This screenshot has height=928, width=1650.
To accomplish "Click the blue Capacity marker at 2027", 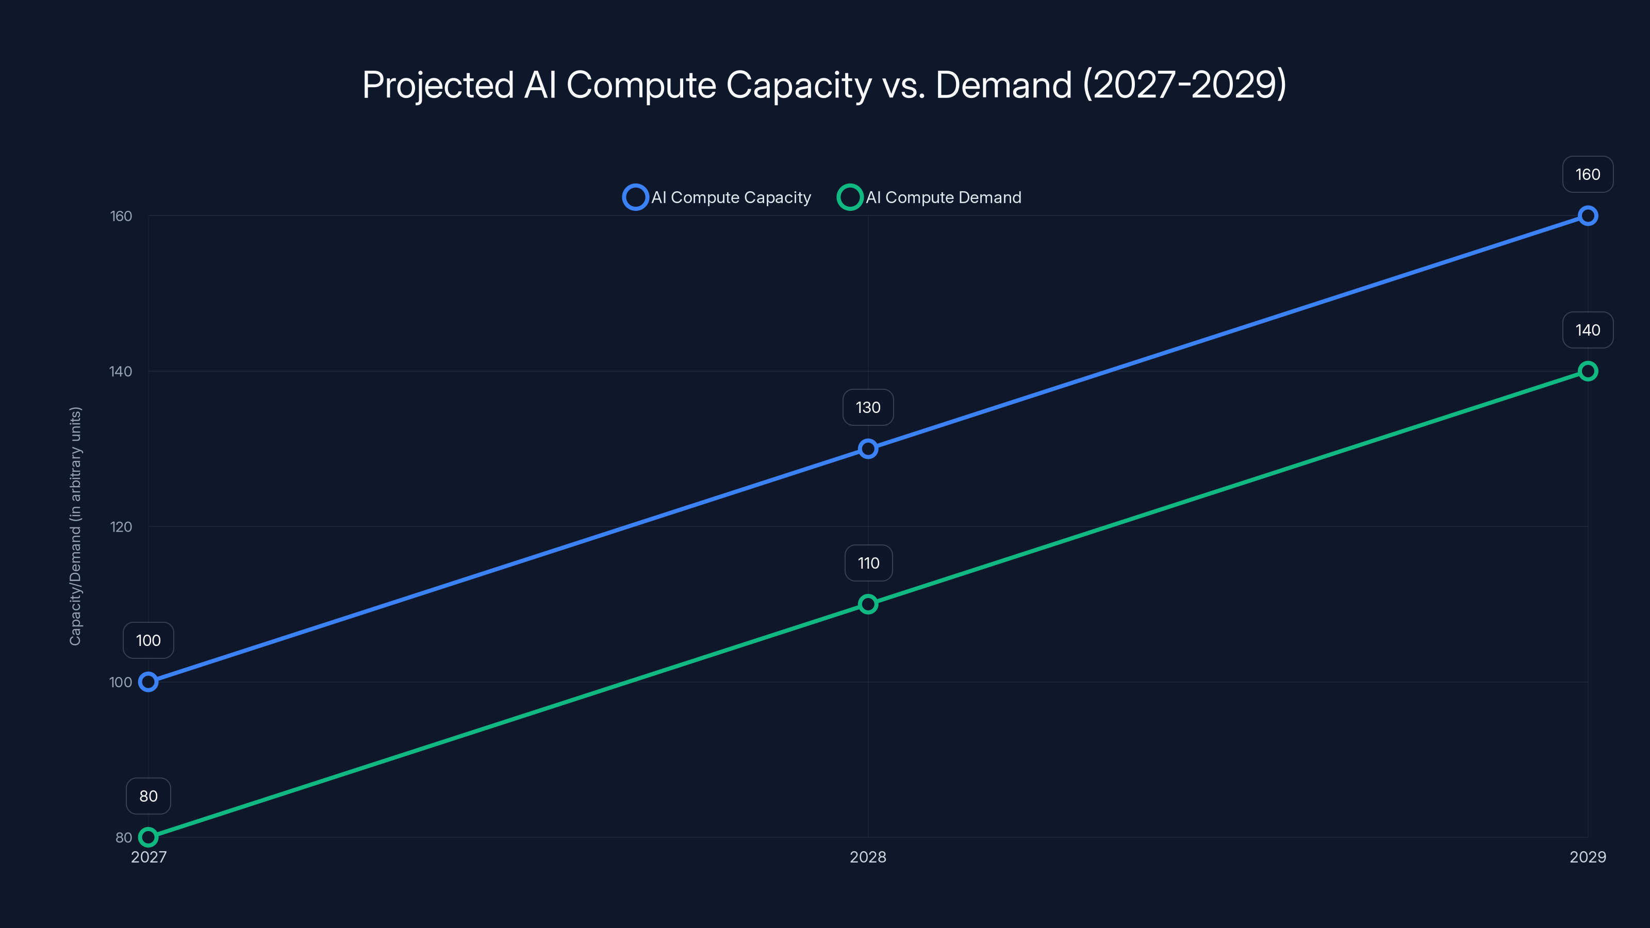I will (148, 682).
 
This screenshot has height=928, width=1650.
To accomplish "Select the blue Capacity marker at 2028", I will (868, 449).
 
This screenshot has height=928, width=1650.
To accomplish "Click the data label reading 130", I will (868, 407).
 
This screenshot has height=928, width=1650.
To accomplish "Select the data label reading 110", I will (868, 563).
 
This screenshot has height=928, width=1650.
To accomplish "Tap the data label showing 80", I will (148, 796).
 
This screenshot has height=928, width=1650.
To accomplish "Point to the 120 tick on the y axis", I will (121, 526).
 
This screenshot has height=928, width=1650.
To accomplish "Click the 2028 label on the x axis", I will (868, 857).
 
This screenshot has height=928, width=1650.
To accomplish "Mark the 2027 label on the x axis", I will (148, 857).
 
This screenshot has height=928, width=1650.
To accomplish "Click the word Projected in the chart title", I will (437, 85).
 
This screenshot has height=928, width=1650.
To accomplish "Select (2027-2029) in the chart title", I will (1184, 85).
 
